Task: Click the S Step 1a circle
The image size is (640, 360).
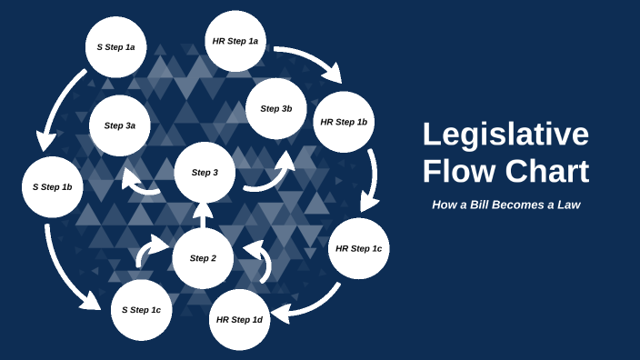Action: click(116, 46)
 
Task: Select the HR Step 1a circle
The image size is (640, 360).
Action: click(235, 42)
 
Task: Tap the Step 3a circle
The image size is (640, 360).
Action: click(120, 125)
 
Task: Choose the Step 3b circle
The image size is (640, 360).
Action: click(276, 109)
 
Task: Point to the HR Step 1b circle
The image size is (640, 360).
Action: click(344, 122)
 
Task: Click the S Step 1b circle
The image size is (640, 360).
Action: click(53, 186)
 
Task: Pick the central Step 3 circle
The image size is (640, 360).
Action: click(205, 173)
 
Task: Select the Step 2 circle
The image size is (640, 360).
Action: click(203, 258)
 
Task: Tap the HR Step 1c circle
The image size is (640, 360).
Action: click(359, 248)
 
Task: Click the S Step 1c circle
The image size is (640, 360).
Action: click(141, 310)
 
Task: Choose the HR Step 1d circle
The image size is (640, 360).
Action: click(240, 319)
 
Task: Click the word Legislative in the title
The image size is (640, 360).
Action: click(505, 135)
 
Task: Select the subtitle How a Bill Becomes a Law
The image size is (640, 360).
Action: click(505, 205)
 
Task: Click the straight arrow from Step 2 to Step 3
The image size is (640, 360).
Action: click(204, 215)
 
